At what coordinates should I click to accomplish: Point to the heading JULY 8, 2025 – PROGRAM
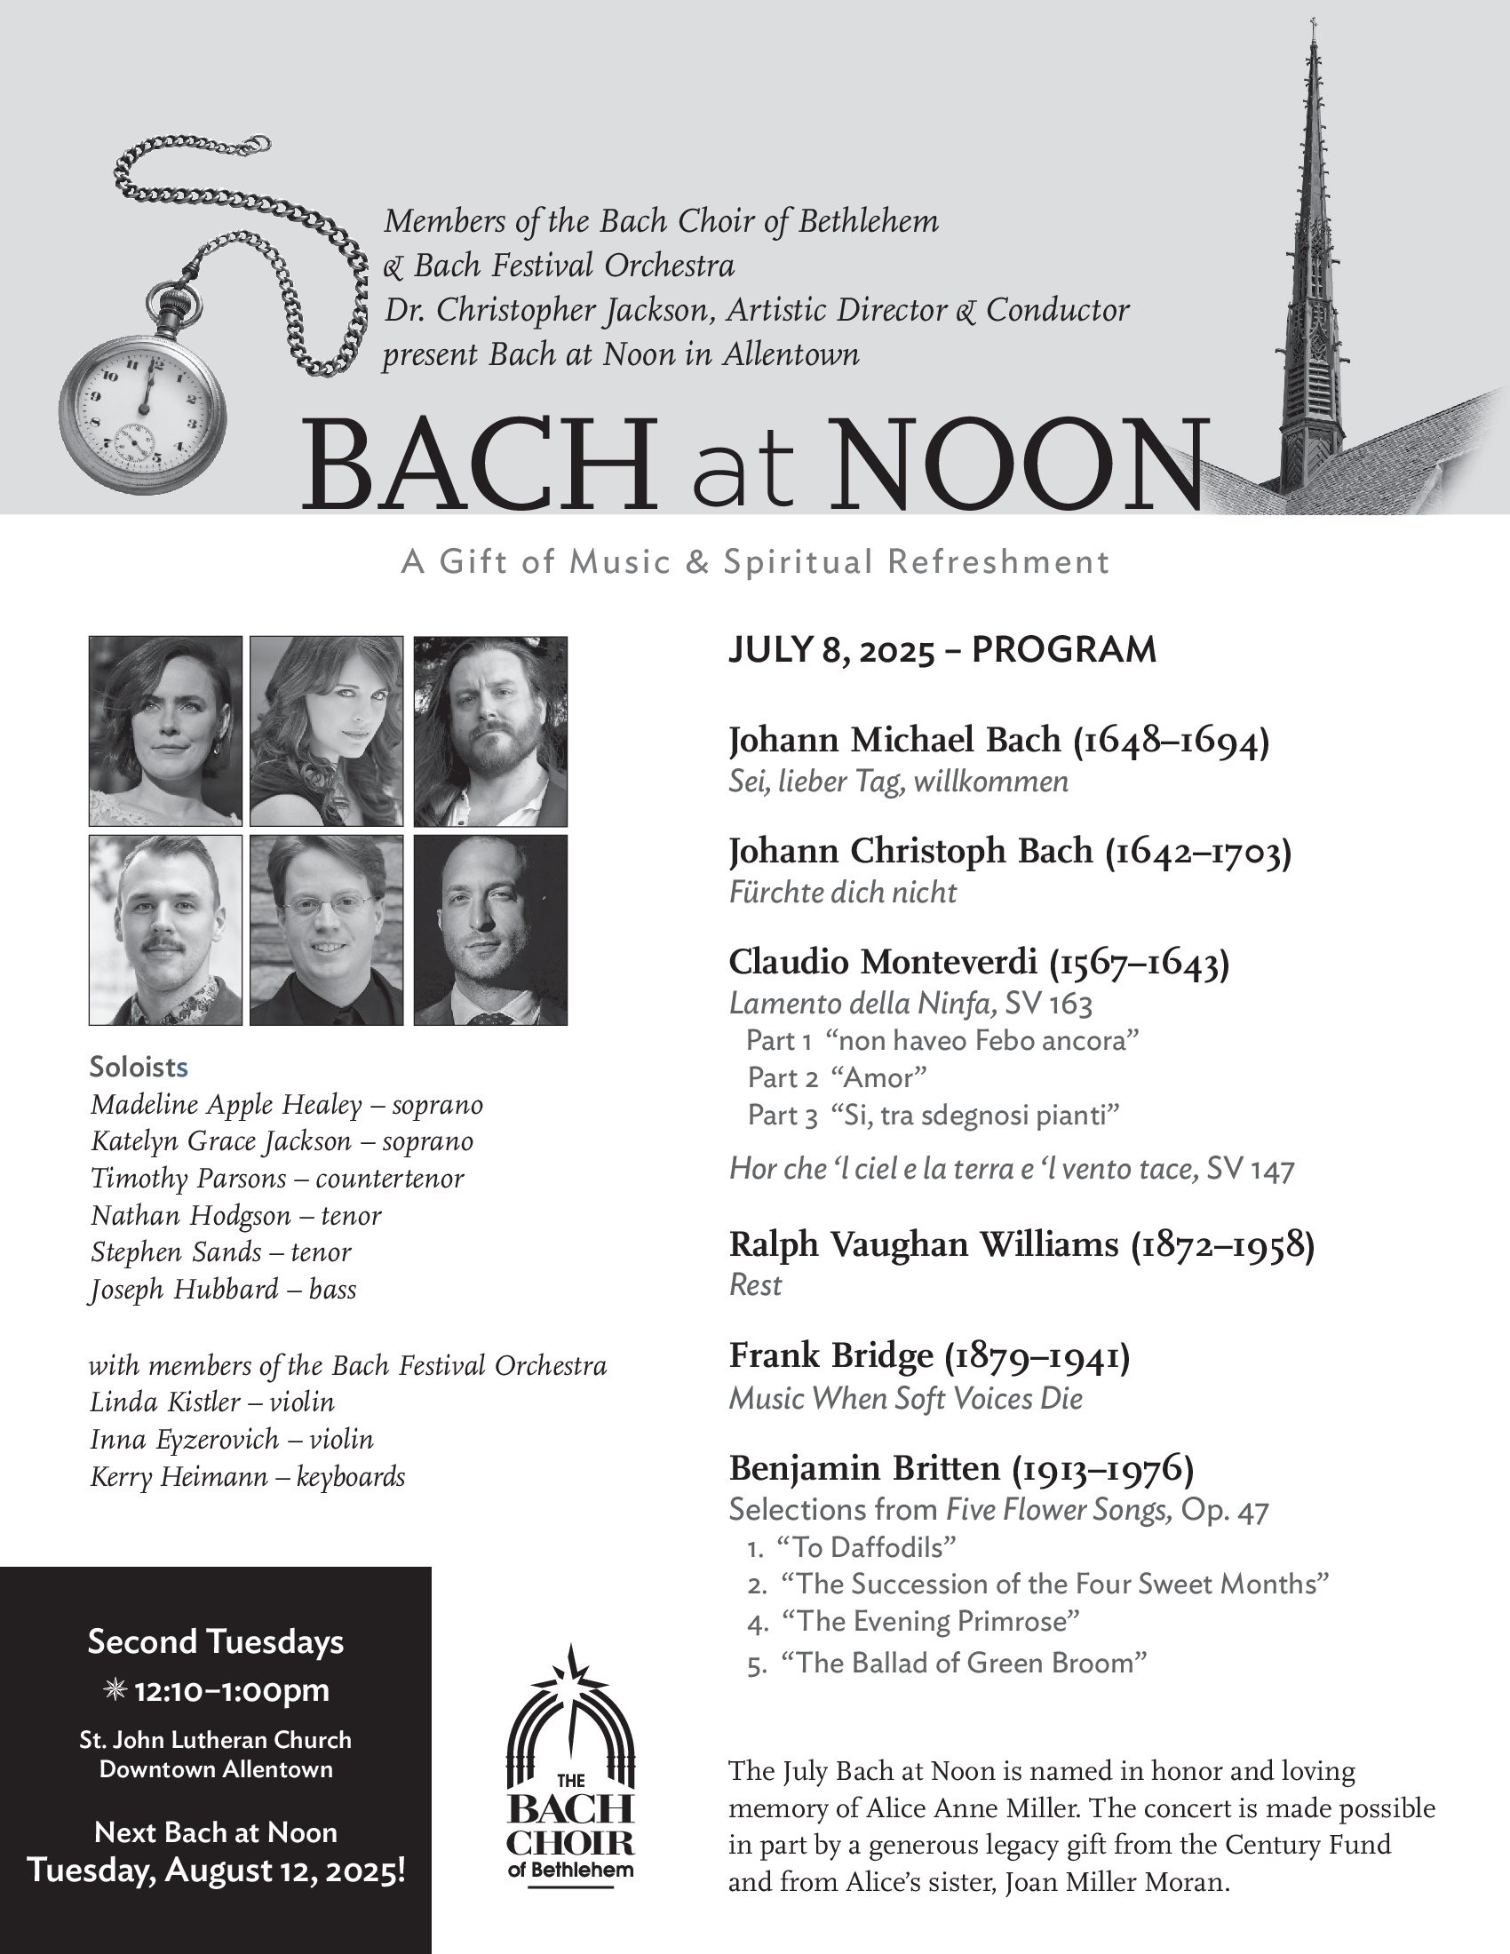point(942,650)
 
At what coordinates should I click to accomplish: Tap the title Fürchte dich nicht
point(843,892)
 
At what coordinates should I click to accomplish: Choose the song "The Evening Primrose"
point(930,1620)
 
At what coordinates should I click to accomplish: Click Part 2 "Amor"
point(837,1077)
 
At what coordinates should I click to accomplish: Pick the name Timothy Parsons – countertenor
point(277,1179)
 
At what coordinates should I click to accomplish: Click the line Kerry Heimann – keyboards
point(248,1476)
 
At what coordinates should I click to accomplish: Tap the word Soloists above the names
point(139,1067)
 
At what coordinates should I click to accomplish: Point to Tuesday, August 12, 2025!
point(216,1871)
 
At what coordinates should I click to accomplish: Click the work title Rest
point(755,1285)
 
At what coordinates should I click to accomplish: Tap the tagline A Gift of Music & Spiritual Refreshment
point(755,562)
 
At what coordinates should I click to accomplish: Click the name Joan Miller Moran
point(1117,1882)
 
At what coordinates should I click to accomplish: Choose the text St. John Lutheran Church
point(216,1740)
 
